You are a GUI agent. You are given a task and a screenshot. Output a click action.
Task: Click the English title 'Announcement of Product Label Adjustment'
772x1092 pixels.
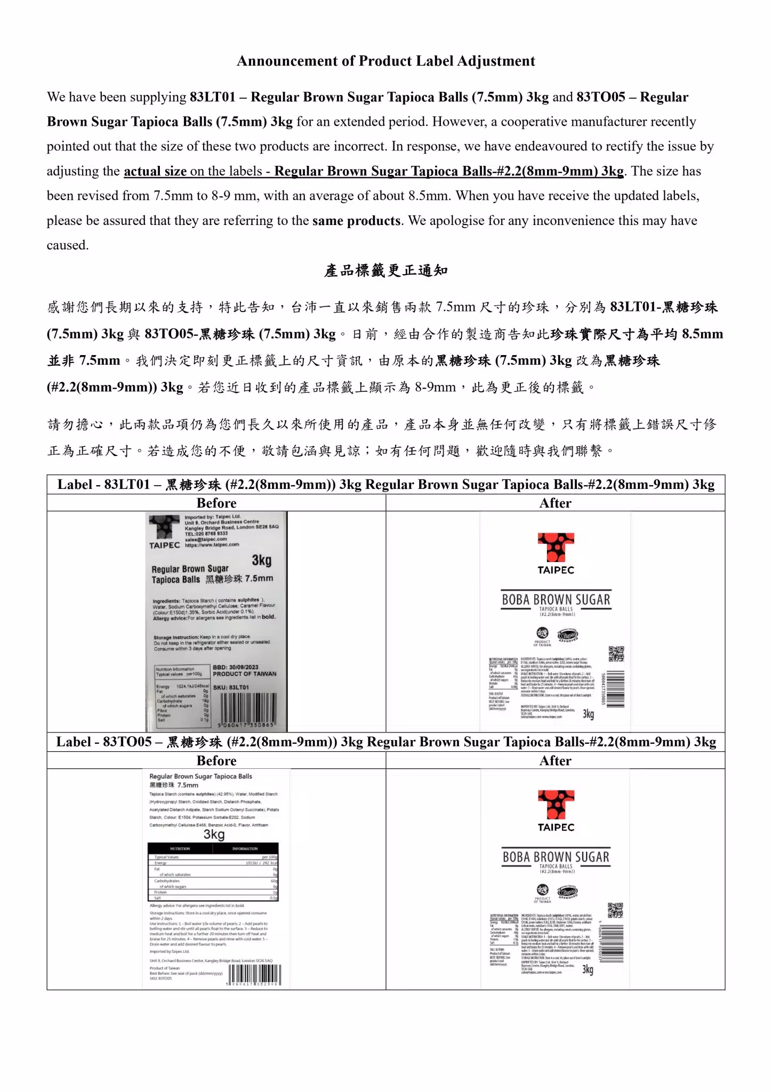coord(385,61)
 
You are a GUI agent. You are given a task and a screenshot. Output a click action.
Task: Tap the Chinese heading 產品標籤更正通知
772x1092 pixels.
coord(385,270)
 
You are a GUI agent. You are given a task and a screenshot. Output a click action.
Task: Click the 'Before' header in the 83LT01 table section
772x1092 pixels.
coord(216,503)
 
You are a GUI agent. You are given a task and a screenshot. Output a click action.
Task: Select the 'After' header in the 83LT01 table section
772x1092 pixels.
coord(555,503)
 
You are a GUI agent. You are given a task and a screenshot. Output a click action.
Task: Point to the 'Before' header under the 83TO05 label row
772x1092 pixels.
coord(216,760)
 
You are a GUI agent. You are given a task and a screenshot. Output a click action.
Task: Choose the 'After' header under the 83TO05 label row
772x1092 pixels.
coord(555,760)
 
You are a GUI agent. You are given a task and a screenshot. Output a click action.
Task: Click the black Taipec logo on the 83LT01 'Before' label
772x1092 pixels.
coord(164,528)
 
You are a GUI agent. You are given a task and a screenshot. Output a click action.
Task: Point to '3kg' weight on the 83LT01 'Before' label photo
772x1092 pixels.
coord(261,560)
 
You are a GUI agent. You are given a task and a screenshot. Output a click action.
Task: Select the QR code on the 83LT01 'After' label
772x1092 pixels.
coord(616,654)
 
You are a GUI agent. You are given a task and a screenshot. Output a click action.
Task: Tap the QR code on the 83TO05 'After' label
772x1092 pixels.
coord(615,910)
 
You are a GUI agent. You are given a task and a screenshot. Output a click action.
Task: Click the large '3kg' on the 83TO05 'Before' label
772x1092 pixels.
coord(214,834)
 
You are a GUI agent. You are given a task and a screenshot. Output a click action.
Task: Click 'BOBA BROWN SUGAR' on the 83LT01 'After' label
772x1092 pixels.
coord(556,600)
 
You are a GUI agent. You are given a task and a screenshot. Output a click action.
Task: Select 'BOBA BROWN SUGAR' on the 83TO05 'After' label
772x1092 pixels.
coord(556,857)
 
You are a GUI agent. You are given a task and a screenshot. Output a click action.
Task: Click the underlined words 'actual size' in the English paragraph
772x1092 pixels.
coord(155,171)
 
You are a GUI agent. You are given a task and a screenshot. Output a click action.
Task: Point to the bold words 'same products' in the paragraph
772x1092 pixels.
coord(356,221)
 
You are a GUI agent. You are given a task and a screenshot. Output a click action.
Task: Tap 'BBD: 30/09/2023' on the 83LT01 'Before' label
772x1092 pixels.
coord(235,667)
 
